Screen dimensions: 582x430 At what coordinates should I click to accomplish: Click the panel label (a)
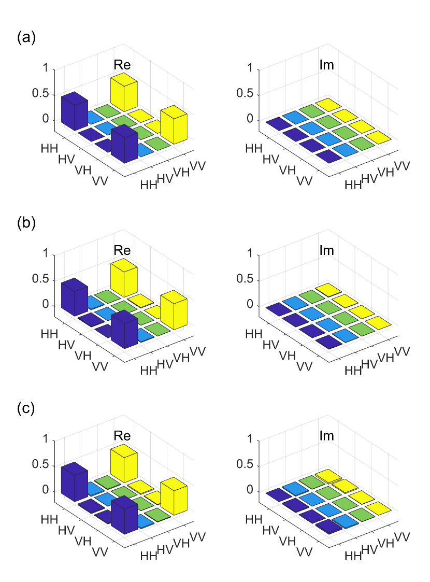pyautogui.click(x=26, y=37)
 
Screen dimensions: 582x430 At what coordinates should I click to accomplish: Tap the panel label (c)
pyautogui.click(x=26, y=408)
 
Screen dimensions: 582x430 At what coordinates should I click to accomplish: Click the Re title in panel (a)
pyautogui.click(x=122, y=65)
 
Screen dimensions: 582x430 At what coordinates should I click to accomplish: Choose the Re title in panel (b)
pyautogui.click(x=122, y=250)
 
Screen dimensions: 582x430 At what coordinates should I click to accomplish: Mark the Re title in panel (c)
pyautogui.click(x=122, y=435)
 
